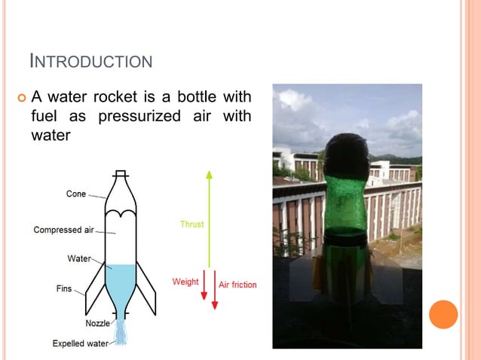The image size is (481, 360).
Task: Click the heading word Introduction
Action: tap(90, 60)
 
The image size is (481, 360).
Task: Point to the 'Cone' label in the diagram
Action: tap(76, 194)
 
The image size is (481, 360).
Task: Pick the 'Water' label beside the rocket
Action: tap(79, 258)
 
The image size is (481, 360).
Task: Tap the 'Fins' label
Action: tap(64, 288)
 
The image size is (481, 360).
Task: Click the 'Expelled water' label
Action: tap(80, 343)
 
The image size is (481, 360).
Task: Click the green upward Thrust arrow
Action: tap(209, 218)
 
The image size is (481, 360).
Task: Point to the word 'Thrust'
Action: tap(191, 224)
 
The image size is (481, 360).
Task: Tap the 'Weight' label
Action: tap(185, 282)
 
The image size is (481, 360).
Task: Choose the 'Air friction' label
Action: tap(237, 285)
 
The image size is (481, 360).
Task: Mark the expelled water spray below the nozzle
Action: tap(121, 331)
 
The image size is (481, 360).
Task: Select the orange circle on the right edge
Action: tap(443, 314)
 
